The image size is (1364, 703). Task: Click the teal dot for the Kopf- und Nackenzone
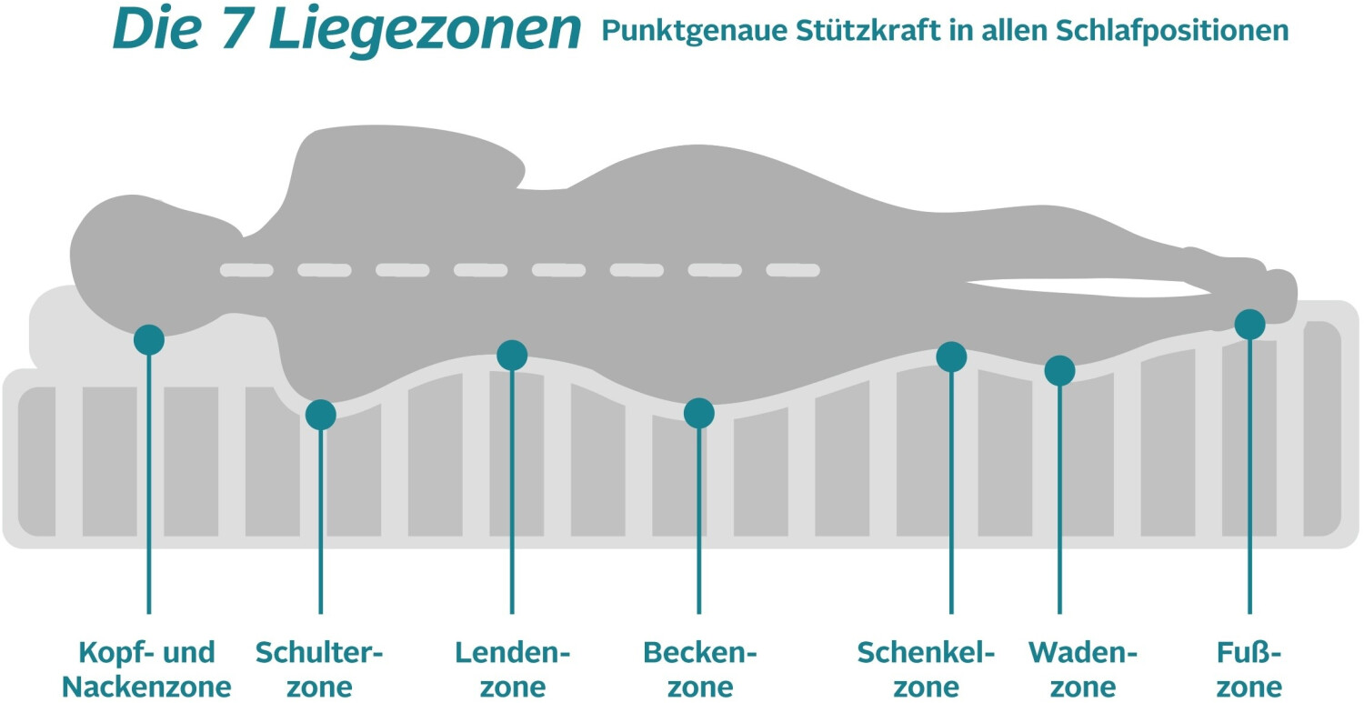149,339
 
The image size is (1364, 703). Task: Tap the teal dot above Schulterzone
320,415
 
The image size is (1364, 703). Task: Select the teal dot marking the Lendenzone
512,356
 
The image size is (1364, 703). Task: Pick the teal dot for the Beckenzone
698,413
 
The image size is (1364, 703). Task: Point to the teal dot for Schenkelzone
951,357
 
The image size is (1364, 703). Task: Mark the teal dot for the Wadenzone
1059,370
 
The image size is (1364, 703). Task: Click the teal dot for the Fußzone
1249,324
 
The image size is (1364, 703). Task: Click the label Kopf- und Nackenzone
146,668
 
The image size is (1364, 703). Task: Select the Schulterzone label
320,668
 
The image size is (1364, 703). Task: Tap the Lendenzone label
512,668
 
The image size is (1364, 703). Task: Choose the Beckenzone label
699,668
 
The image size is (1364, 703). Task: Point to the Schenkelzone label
927,668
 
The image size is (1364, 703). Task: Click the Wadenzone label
1083,668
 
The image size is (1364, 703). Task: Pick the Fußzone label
1249,668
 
